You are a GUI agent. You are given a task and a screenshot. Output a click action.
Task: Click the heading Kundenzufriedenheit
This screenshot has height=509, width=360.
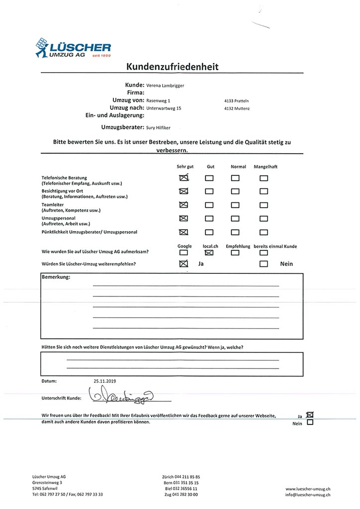coord(173,67)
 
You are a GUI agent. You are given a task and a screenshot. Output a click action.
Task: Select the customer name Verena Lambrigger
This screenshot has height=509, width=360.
coord(165,85)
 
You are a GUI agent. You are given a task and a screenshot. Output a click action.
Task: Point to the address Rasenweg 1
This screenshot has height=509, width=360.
coord(158,100)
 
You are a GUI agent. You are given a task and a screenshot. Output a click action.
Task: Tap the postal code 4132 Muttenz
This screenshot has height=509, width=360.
coord(237,108)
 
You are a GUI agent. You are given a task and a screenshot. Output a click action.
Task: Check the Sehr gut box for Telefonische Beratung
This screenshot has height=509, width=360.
coord(183,177)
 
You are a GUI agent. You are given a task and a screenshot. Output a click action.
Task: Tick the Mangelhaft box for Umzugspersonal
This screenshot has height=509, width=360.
coord(264,218)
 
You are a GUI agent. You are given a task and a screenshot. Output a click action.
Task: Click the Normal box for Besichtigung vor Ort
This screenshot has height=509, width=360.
coord(235,191)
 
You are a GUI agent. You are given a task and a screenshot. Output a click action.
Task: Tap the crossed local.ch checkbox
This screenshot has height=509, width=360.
coord(209,253)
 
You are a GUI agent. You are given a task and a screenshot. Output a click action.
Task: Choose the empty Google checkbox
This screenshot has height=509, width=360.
coord(184,253)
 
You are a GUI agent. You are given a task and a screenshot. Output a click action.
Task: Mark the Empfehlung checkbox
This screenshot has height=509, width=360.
coord(235,253)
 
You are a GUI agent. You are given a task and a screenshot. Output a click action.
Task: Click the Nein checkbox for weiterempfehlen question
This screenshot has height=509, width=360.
coord(264,264)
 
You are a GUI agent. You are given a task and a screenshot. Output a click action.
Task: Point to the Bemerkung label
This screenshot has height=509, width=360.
coord(55,277)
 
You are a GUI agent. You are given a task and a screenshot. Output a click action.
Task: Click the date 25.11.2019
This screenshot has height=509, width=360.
coord(104,381)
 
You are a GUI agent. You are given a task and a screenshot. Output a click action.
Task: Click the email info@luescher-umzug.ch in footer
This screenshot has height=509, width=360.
coord(308,495)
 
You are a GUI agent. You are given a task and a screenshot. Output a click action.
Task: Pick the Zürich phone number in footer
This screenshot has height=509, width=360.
coord(181,476)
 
